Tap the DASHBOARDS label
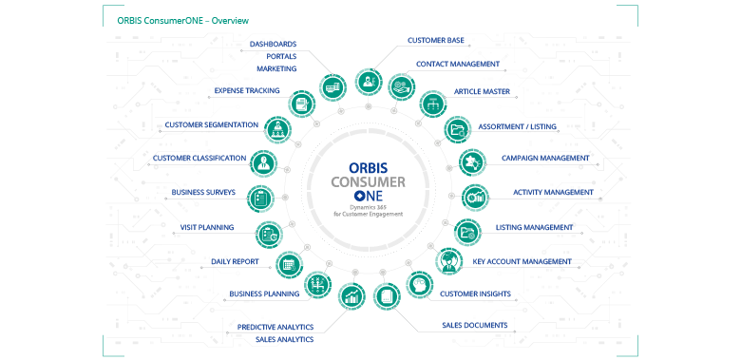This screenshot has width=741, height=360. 273,44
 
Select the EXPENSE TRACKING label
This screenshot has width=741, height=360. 246,91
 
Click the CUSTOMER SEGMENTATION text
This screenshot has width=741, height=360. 211,124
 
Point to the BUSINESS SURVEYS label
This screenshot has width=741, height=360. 202,193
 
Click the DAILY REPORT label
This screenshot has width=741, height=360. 235,261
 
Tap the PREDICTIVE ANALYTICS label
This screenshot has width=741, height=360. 275,327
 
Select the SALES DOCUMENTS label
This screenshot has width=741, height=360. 474,325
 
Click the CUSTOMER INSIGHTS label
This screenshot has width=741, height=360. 475,294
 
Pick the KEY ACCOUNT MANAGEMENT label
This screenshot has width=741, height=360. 522,261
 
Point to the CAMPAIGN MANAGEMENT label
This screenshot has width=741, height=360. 545,159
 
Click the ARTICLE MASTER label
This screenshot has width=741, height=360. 482,92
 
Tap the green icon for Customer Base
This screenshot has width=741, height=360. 367,81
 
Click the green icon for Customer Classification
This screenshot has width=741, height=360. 263,163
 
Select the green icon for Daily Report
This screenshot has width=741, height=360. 288,265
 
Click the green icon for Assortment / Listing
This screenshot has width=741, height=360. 457,128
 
